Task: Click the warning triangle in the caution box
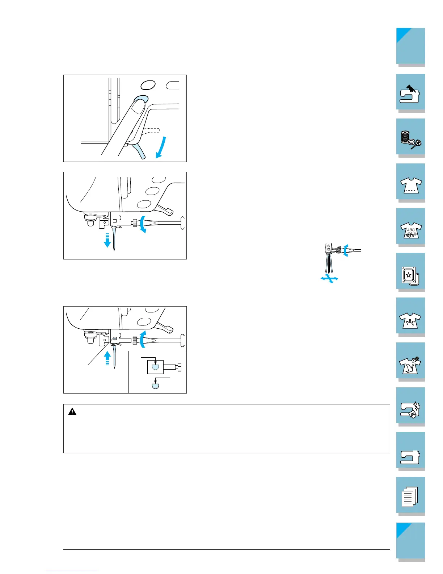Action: [x=72, y=412]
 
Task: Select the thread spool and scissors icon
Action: [x=410, y=138]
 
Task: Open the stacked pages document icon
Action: [x=410, y=496]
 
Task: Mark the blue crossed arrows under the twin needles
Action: [x=329, y=278]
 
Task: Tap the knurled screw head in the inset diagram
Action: [x=179, y=367]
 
